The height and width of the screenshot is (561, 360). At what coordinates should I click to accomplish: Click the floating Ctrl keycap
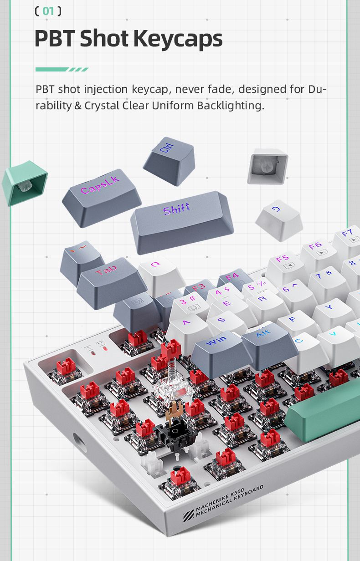click(x=169, y=161)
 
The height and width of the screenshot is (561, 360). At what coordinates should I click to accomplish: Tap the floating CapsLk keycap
click(x=102, y=198)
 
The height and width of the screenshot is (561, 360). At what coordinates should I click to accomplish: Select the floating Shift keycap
click(x=182, y=222)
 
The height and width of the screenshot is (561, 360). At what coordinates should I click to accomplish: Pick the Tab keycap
click(x=112, y=283)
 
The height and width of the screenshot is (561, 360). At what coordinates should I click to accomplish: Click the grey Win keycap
click(x=222, y=353)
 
